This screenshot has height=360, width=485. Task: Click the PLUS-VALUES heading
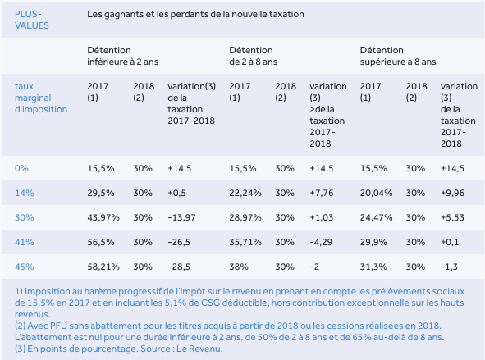point(31,20)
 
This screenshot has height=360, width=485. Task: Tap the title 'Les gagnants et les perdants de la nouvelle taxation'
point(195,14)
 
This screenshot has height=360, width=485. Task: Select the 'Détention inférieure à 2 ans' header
point(122,56)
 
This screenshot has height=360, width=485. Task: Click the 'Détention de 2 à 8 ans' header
point(253,56)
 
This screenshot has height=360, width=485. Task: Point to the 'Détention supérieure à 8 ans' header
point(398,56)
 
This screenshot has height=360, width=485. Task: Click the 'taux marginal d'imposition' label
point(41,98)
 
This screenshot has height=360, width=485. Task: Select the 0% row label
point(21,168)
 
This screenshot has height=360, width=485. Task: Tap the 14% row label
point(24,194)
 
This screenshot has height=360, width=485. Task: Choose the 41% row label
point(24,242)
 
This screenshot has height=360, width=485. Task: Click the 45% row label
point(24,267)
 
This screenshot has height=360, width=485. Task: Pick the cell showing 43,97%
point(103,217)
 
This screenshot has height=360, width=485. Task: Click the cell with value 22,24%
point(245,194)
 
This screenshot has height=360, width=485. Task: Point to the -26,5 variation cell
point(179,242)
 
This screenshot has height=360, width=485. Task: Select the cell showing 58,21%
point(103,267)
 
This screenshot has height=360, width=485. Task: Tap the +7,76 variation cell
point(322,194)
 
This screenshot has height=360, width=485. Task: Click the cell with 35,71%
point(245,242)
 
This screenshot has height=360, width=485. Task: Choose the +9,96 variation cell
point(452,194)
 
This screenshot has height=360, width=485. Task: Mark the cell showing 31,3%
point(373,267)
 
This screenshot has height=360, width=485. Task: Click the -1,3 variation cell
point(449,267)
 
